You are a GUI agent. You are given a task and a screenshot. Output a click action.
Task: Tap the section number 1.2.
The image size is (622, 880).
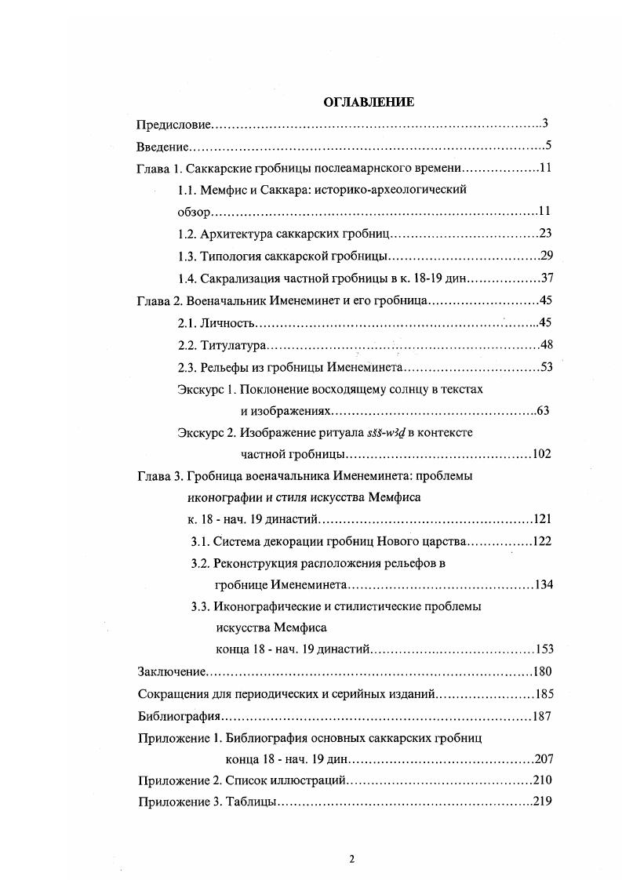point(187,235)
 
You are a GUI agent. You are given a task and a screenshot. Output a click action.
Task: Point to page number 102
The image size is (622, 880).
point(542,453)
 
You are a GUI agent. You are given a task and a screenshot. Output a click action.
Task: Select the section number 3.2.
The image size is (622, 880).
point(201,563)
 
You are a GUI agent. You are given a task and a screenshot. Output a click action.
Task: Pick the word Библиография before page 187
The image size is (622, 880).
point(177,716)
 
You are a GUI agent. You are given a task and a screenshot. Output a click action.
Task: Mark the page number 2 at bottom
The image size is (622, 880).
point(352,859)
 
